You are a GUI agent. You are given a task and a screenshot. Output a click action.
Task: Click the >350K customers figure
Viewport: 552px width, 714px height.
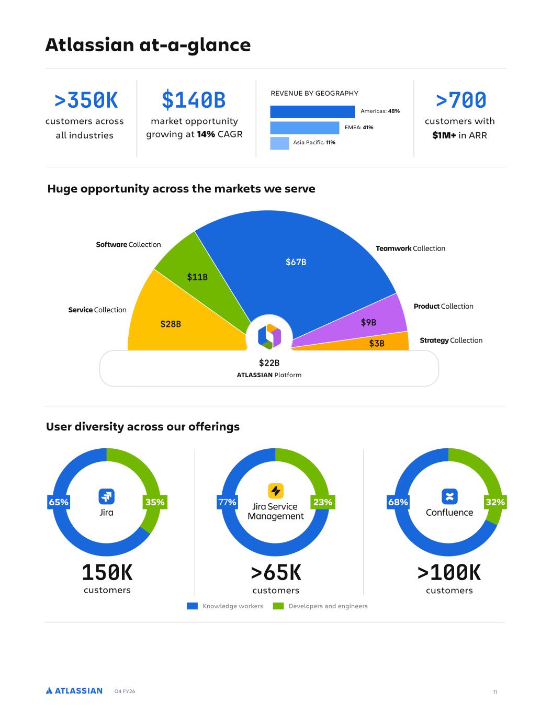[86, 100]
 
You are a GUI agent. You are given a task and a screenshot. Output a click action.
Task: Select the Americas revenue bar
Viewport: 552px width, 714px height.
[312, 112]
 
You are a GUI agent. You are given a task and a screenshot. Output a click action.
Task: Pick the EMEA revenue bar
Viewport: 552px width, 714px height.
[305, 128]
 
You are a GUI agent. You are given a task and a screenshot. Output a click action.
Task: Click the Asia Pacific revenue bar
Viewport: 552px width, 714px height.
[279, 143]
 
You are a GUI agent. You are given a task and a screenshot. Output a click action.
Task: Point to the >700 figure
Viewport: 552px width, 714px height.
[460, 100]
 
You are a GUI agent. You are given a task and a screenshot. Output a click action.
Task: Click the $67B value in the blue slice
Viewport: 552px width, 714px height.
[296, 262]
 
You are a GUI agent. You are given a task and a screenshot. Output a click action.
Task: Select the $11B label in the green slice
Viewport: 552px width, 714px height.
[197, 277]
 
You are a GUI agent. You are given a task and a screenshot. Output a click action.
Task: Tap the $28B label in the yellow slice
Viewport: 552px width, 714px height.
[171, 324]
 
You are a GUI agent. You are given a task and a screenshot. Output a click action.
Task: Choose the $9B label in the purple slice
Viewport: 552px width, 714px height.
[368, 322]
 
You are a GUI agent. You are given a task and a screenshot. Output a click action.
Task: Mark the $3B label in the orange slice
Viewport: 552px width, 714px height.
[377, 343]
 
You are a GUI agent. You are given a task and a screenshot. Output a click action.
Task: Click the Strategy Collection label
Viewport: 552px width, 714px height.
[451, 340]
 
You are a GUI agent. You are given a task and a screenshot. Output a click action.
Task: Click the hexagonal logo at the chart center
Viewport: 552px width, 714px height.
[269, 336]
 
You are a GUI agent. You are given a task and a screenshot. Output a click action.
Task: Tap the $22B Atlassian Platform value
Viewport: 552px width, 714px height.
[269, 362]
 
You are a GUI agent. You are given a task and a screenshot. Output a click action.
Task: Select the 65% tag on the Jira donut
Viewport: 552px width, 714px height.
[59, 502]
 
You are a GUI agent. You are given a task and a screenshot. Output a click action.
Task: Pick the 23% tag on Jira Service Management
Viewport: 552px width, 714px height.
[323, 502]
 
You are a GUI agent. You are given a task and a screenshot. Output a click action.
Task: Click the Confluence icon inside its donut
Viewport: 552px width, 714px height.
[449, 496]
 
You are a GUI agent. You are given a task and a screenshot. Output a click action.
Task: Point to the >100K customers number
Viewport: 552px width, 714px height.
[449, 572]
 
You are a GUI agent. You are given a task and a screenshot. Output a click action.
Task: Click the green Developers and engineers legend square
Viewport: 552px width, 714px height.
[278, 606]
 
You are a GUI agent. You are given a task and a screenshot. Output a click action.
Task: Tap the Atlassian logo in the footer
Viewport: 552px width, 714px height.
[74, 690]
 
